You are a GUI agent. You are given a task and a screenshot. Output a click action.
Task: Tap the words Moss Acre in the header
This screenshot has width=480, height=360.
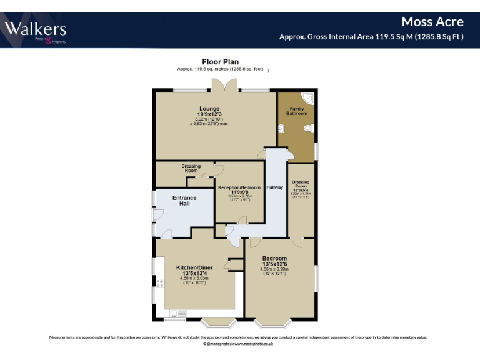pos(432,22)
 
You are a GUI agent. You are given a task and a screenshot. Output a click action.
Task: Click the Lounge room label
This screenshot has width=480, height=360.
pos(209,108)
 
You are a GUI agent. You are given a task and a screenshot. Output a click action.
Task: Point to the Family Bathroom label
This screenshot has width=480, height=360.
pos(297,111)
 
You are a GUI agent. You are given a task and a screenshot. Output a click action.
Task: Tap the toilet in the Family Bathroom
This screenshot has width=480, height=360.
pos(308,128)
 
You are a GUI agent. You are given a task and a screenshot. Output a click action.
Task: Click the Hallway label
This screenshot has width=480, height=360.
pos(275,187)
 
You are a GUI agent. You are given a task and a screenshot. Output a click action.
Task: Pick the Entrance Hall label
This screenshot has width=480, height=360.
pos(184,201)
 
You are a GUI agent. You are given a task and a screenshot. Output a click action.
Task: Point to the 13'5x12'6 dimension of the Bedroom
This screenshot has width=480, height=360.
pos(275,264)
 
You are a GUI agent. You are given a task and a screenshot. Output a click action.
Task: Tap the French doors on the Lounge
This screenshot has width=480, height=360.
pos(223,89)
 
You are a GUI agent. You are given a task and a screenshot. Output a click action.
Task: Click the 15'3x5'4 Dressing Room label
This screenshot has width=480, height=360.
pos(301,186)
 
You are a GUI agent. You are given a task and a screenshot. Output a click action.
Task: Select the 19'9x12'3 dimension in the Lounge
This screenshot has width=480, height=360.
pos(209,114)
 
